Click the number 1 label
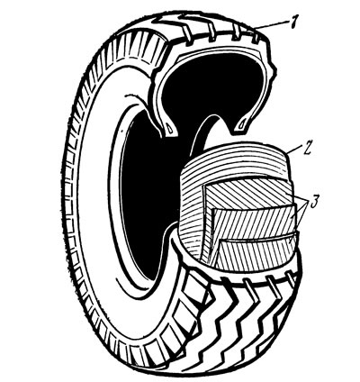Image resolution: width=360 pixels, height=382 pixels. pos(292,22)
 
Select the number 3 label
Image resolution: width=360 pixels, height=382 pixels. pos(313,202)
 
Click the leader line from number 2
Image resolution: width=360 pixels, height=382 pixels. pos(294,150)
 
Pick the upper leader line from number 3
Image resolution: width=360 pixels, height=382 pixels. pos(299,208)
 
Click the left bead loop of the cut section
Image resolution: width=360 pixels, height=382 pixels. pos(170,129)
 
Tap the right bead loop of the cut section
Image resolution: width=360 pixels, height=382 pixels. pos(242,124)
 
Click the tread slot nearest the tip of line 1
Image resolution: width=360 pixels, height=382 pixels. pos(256,39)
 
